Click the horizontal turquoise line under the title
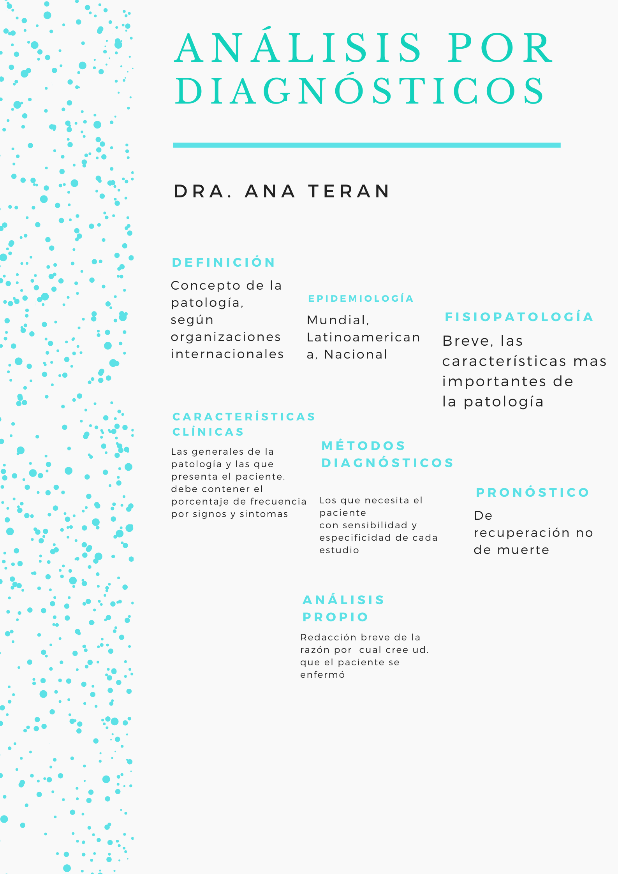click(x=366, y=145)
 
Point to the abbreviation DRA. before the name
click(x=203, y=191)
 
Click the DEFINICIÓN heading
click(x=224, y=262)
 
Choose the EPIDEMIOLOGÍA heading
click(x=361, y=299)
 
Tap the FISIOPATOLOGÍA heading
click(x=519, y=317)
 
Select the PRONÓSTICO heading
click(x=532, y=492)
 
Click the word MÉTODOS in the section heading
click(x=363, y=446)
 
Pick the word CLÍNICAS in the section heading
click(x=208, y=432)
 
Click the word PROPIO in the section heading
click(x=335, y=617)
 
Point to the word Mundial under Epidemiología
click(x=337, y=320)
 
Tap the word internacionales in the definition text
click(x=227, y=354)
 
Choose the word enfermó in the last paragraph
click(x=322, y=675)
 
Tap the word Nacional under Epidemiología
click(x=356, y=355)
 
